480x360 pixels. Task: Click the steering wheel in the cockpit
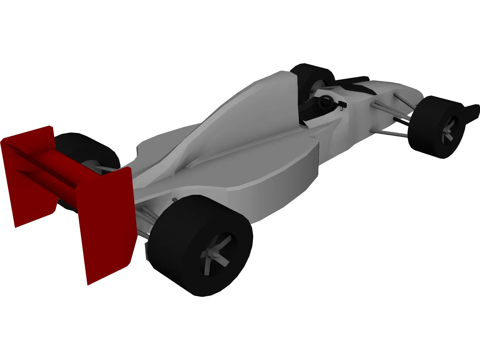tap(325, 102)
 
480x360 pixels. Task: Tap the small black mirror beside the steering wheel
tap(342, 105)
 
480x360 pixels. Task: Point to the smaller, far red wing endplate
tap(27, 177)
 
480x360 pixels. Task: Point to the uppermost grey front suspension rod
tap(403, 100)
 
